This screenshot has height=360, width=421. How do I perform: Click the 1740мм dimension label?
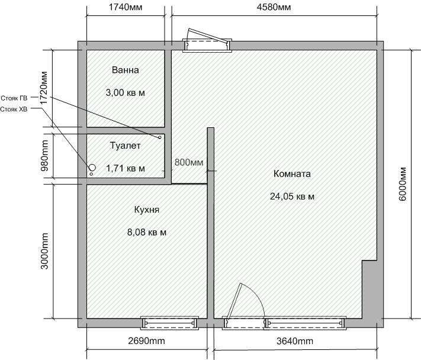coord(126,7)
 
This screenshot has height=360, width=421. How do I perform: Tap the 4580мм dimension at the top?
coord(274,7)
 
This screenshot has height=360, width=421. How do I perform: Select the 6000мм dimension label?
coord(403,184)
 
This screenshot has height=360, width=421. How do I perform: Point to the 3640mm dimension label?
coord(295,341)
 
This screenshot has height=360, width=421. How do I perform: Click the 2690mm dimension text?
coord(147,341)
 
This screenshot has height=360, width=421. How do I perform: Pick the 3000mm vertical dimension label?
coord(44,251)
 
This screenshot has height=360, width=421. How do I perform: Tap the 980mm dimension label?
coord(44,156)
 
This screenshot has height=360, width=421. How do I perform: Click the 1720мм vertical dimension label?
coord(44,88)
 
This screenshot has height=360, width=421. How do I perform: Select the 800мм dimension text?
coord(189,162)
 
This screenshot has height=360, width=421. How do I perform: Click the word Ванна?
coord(126,70)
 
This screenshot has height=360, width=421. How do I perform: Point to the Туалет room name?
coord(126,146)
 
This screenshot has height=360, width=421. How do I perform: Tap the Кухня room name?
coord(147,210)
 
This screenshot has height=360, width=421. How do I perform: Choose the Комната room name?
coord(292,173)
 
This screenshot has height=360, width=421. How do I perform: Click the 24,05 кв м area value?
coord(292,197)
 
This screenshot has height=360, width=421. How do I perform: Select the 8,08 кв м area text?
coord(147,232)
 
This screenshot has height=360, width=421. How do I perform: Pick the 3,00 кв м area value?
coord(126,93)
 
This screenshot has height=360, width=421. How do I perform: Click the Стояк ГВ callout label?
coord(14,98)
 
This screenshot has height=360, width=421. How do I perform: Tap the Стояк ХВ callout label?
coord(14,110)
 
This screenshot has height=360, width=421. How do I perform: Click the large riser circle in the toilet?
coord(92,168)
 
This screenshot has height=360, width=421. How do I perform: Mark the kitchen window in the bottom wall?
coord(170,323)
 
